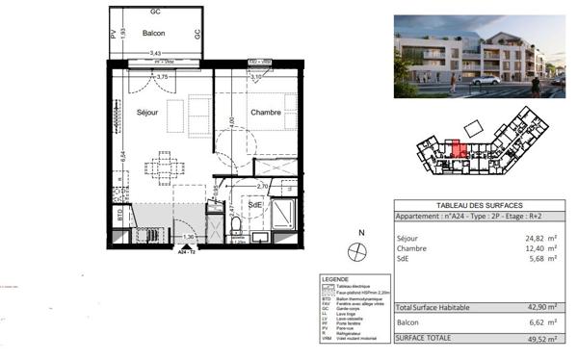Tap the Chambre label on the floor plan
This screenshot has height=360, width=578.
pos(266,113)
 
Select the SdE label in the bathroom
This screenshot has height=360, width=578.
pos(255,205)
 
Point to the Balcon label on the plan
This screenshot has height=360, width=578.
pos(154,33)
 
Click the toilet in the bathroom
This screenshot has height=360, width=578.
pos(237,226)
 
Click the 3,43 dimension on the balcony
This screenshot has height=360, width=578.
pos(154,54)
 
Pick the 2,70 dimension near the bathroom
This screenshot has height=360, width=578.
pos(262,187)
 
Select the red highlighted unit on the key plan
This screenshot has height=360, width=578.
pos(460,150)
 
